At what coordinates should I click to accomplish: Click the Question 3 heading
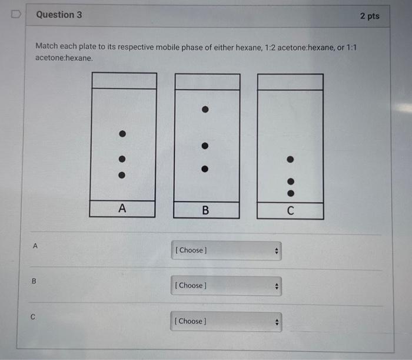(59, 15)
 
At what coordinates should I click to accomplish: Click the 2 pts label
(369, 16)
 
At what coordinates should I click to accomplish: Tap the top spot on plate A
(122, 134)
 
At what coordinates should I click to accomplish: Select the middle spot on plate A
(122, 158)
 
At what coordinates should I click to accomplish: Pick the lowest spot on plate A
(122, 175)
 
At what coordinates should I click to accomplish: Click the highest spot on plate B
(204, 110)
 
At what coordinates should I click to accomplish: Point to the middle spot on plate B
(204, 146)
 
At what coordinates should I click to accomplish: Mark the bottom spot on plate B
(204, 169)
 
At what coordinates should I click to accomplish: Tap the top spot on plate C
(290, 159)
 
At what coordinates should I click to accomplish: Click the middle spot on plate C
(290, 182)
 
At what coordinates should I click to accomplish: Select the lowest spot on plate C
(290, 192)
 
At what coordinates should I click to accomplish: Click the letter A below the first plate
(122, 208)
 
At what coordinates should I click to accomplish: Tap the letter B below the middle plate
(205, 210)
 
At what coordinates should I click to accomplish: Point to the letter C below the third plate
(290, 210)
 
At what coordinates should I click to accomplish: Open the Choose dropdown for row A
(226, 250)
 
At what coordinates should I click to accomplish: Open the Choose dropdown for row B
(226, 286)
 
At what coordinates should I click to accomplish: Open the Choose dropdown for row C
(226, 321)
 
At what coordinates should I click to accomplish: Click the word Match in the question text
(47, 45)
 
